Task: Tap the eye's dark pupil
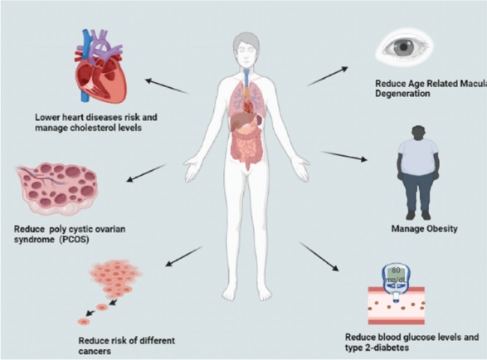coord(403,47)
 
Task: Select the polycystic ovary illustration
coord(56,189)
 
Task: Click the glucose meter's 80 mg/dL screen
coord(396,274)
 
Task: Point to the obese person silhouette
coord(419,173)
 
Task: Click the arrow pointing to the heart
coord(167,86)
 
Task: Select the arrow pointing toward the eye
coord(328,75)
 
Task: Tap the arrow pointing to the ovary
coord(146,173)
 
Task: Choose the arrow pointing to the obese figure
coord(344,156)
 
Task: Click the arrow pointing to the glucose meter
coord(319,256)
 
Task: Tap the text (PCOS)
coord(74,240)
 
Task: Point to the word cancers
coord(95,352)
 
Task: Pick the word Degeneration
coord(402,94)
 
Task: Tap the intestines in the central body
coord(247,145)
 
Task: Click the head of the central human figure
coord(246,50)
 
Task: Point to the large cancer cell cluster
coord(115,279)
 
